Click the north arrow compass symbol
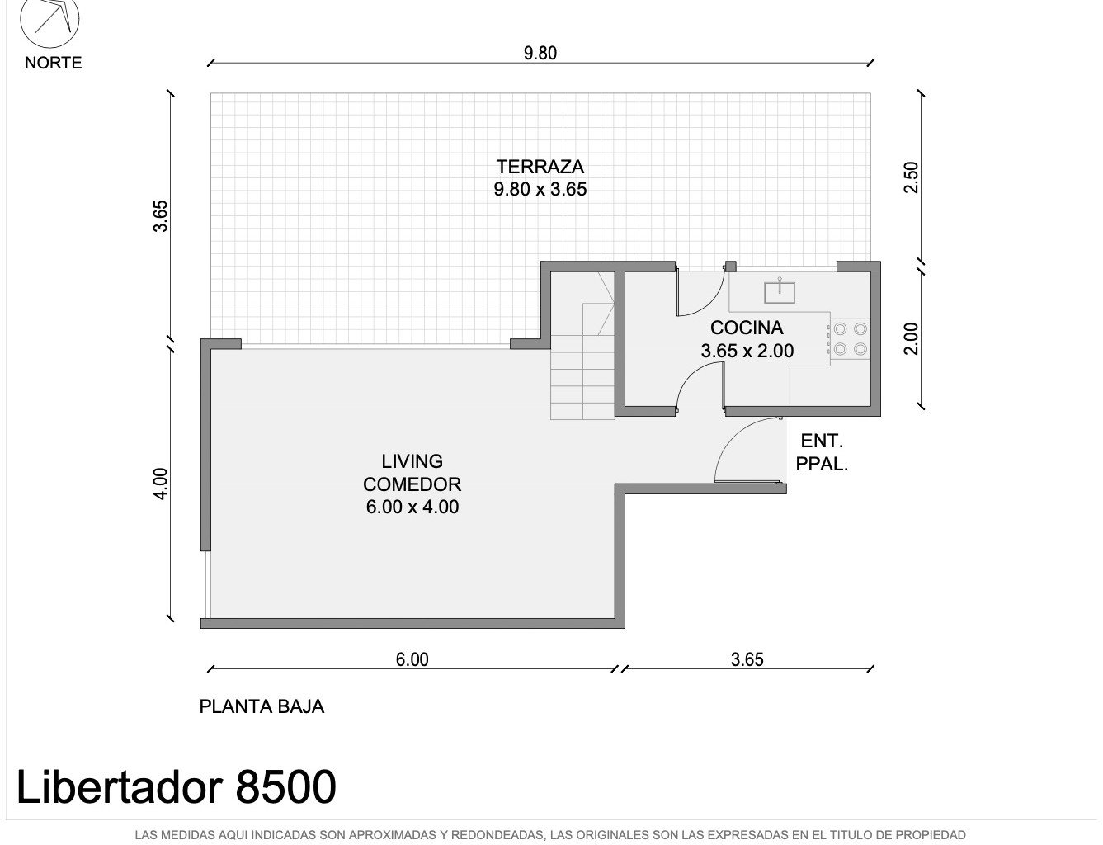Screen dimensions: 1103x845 pos(49,21)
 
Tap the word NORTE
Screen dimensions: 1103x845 pos(54,63)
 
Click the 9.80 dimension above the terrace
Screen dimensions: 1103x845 pos(540,54)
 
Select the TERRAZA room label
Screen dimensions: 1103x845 pos(540,167)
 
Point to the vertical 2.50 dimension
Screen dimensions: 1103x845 pos(912,177)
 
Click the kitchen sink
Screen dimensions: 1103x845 pos(779,292)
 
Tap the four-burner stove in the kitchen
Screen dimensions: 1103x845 pos(851,339)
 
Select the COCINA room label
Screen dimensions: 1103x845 pos(747,328)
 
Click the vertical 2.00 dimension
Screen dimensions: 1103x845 pos(912,339)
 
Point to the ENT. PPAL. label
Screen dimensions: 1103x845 pos(822,453)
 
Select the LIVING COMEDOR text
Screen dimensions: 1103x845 pos(412,473)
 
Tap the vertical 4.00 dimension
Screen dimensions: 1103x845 pos(160,484)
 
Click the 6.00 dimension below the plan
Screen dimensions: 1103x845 pos(412,659)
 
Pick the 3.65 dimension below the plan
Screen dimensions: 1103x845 pos(747,659)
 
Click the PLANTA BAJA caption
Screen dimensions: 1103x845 pos(262,706)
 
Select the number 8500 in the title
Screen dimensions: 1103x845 pos(285,786)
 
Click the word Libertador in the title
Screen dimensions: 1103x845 pos(120,786)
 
